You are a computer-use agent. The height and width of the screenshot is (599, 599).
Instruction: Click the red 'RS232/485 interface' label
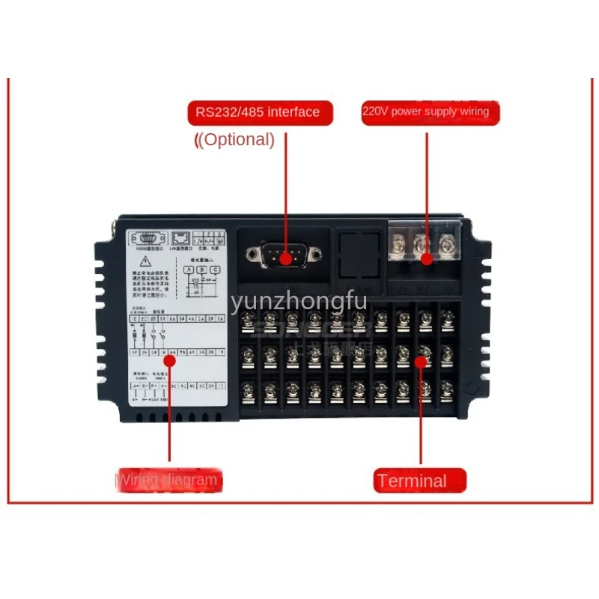click(258, 112)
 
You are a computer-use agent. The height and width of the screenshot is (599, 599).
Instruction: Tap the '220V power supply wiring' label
click(426, 112)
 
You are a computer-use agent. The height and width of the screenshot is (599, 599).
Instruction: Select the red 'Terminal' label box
click(419, 481)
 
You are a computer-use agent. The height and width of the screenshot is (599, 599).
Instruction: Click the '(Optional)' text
click(235, 139)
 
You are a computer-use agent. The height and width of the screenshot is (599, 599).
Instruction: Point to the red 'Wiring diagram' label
click(169, 480)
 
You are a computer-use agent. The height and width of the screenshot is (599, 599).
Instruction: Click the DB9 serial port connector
click(285, 255)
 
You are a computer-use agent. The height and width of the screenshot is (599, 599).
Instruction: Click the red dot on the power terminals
click(426, 259)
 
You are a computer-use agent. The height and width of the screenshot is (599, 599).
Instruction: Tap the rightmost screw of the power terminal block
click(448, 244)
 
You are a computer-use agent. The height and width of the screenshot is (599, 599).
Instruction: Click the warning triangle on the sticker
click(141, 264)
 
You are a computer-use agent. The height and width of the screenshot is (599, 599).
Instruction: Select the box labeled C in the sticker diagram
click(216, 269)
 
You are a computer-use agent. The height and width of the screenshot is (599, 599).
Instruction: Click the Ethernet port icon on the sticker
click(180, 238)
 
